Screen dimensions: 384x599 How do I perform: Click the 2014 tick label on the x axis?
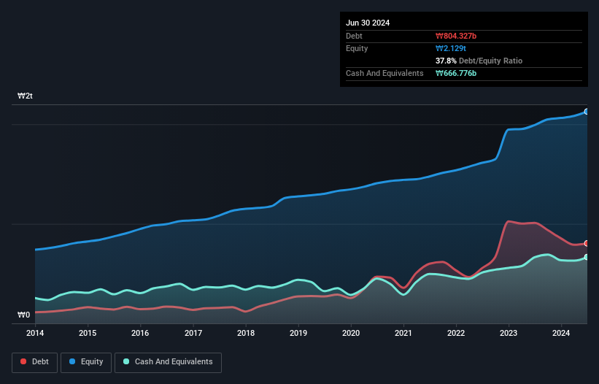coord(35,334)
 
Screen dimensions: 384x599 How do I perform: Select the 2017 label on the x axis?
coord(193,334)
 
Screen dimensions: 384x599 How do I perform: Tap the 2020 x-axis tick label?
coord(351,334)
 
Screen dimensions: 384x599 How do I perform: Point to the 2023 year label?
coord(509,334)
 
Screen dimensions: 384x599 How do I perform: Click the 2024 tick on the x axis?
coord(561,334)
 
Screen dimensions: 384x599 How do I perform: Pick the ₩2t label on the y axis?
coord(25,96)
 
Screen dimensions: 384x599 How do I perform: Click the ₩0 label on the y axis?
coord(23,315)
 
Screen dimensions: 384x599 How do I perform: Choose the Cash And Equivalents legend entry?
coord(168,362)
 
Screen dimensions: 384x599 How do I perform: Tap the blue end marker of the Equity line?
coord(587,112)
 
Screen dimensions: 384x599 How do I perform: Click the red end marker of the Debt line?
coord(587,243)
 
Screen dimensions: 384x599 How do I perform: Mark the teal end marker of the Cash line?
coord(587,257)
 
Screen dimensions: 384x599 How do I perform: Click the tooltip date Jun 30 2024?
coord(368,23)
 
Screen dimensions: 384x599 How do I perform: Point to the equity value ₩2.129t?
coord(450,48)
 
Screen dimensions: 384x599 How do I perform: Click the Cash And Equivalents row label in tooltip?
coord(384,74)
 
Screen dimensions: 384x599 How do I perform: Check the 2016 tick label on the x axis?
coord(140,334)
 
